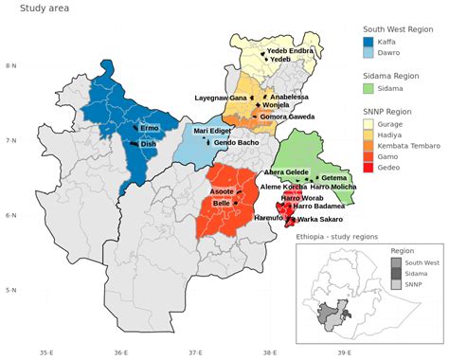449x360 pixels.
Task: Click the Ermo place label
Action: pyautogui.click(x=150, y=127)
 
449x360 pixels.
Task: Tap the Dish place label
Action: pyautogui.click(x=148, y=144)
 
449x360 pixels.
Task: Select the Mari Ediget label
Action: pyautogui.click(x=212, y=131)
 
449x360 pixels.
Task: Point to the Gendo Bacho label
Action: pyautogui.click(x=236, y=142)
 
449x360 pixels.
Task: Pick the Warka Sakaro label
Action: pyautogui.click(x=320, y=219)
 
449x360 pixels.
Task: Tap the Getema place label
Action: pyautogui.click(x=334, y=177)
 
